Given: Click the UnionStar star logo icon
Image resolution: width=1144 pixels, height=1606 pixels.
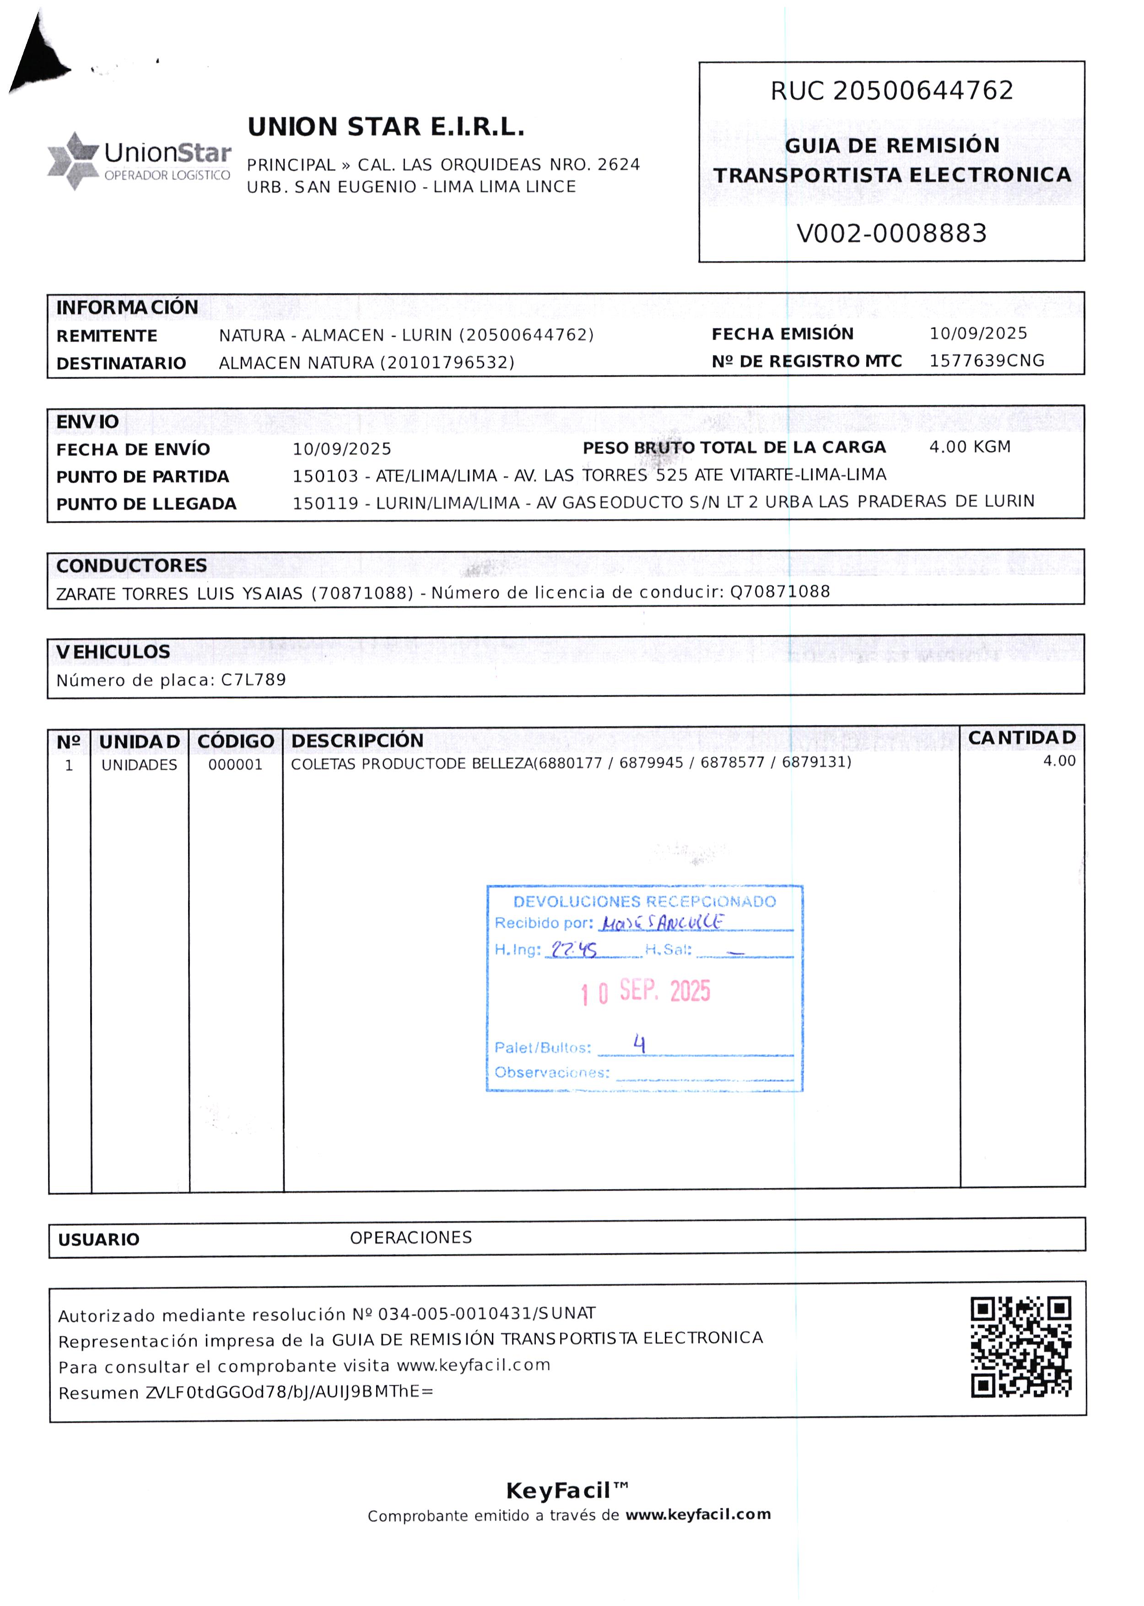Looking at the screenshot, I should coord(73,161).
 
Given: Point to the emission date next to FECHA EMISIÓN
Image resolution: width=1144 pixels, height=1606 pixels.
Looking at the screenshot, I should coord(978,333).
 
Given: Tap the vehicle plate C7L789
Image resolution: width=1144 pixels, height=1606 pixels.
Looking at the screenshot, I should coord(253,680).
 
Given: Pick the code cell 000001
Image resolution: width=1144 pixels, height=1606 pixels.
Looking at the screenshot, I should coord(235,765).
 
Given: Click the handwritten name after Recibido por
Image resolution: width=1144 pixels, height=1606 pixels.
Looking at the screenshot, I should coord(662,922).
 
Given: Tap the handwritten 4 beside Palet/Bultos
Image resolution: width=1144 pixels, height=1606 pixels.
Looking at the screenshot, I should coord(639,1043).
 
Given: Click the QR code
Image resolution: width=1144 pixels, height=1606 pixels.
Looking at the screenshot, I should coord(1021,1347).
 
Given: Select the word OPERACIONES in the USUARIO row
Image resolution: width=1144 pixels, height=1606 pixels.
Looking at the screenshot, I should coord(410,1238).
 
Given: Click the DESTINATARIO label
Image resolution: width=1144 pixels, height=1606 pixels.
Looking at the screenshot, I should coord(121,363).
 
